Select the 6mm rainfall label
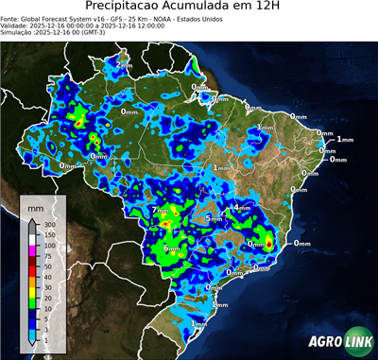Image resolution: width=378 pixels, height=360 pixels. click(x=170, y=249)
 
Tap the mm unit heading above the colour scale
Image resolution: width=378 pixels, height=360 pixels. click(x=36, y=207)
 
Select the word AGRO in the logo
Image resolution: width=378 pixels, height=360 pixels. click(x=325, y=342)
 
